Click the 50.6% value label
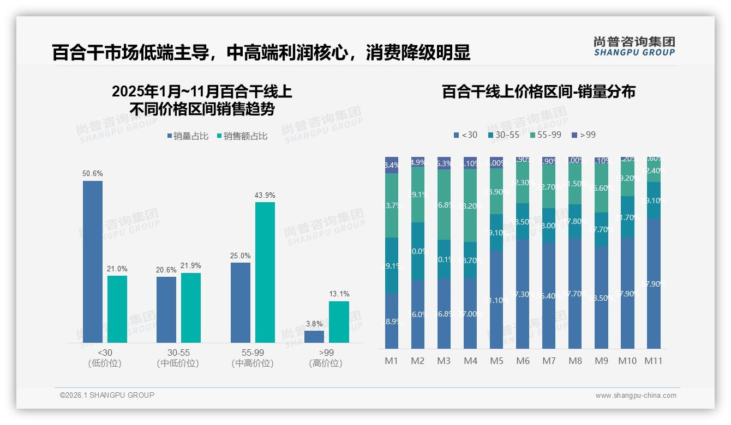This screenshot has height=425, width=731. click(93, 174)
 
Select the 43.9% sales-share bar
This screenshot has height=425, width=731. click(265, 272)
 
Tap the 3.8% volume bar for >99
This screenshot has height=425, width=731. click(314, 337)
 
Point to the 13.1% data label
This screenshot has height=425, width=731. click(339, 294)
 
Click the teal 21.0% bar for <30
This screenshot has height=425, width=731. click(117, 309)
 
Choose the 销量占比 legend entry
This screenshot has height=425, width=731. click(188, 136)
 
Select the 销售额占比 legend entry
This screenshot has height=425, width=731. click(242, 136)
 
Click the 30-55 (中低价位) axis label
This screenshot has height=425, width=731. click(177, 358)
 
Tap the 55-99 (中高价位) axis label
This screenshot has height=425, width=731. click(252, 358)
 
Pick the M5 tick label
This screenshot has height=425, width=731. click(496, 361)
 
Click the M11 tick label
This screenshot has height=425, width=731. click(653, 361)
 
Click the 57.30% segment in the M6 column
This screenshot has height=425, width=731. click(523, 294)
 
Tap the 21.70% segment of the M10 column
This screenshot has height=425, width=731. click(627, 217)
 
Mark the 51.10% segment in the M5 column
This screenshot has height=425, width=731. click(496, 300)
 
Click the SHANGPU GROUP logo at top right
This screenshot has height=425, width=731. click(634, 46)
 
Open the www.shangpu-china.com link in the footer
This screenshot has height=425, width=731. click(636, 396)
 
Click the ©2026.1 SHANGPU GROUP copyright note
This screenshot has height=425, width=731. click(107, 395)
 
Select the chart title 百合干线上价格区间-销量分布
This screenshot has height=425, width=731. click(538, 92)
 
